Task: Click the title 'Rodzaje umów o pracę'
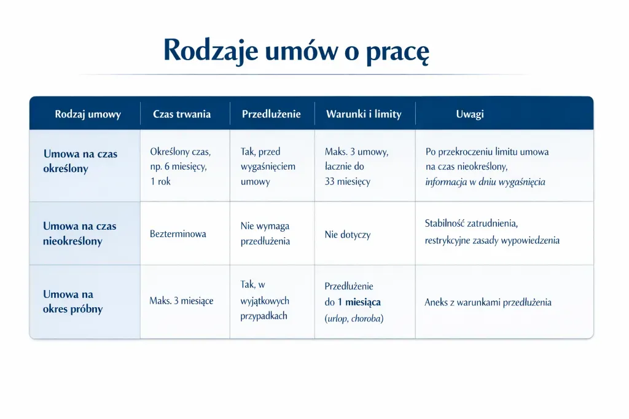(x=296, y=50)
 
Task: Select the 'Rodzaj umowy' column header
(x=88, y=114)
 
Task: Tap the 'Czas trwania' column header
(x=182, y=114)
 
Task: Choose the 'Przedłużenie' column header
(x=272, y=114)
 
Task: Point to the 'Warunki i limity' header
(x=364, y=114)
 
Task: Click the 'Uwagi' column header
(x=470, y=114)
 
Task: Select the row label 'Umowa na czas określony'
(x=80, y=161)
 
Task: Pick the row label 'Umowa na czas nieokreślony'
(x=80, y=233)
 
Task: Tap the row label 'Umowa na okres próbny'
(x=72, y=302)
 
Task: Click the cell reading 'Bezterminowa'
(x=178, y=234)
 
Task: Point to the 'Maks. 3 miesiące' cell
(x=181, y=301)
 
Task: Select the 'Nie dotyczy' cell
(x=348, y=235)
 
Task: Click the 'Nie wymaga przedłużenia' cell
(x=265, y=234)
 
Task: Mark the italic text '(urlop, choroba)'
(x=354, y=318)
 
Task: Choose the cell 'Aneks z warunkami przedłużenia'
(x=488, y=302)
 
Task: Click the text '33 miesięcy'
(x=348, y=182)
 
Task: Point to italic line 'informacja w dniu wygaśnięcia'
(x=485, y=182)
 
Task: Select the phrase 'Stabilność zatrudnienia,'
(x=475, y=224)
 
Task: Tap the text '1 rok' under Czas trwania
(x=160, y=182)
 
